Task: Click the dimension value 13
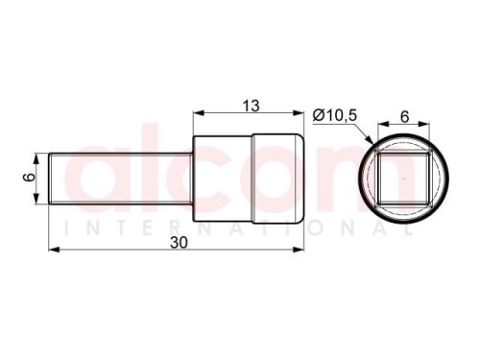coord(251,106)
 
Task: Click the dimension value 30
coord(179,243)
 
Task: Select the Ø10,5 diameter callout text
coord(334,115)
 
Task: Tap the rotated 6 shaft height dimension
coord(30,178)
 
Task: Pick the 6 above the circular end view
coord(405,117)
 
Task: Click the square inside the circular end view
coord(403,179)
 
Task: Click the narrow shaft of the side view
coord(121,179)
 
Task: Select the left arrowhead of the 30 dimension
coord(54,250)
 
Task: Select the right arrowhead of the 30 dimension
coord(298,250)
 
